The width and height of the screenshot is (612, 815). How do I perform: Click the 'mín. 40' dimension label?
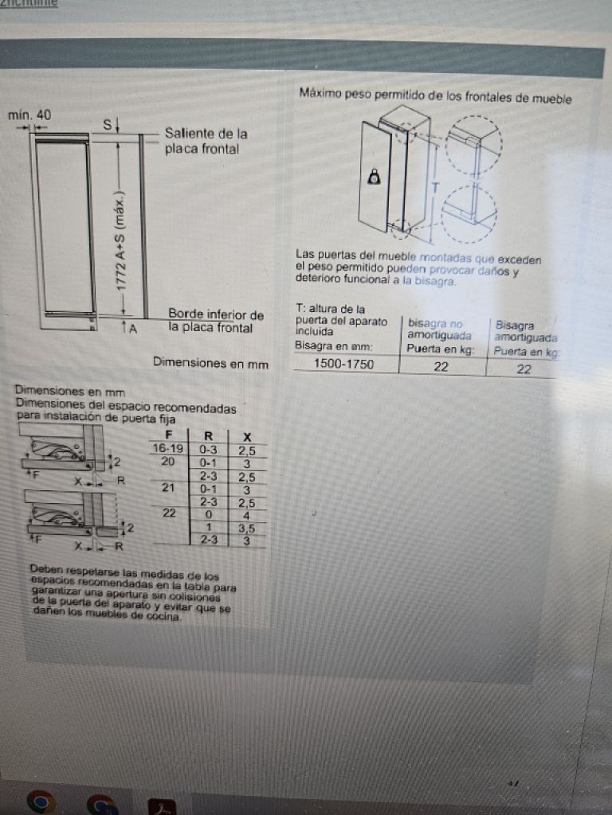click(29, 115)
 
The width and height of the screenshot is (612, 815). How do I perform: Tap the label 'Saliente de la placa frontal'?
click(205, 141)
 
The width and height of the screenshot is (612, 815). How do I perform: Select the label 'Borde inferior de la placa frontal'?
click(215, 321)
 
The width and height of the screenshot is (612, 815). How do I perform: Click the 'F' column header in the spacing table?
click(168, 435)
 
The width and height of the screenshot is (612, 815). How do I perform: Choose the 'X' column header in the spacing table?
click(247, 436)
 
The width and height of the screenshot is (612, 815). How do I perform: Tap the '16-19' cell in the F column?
click(167, 449)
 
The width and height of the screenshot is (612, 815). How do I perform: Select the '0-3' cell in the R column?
click(208, 449)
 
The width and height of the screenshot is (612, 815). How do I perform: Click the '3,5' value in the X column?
click(246, 528)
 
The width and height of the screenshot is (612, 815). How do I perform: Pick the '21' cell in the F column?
click(168, 487)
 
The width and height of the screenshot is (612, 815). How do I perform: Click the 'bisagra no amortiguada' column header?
click(435, 330)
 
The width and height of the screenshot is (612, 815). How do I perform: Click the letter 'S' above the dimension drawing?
click(107, 123)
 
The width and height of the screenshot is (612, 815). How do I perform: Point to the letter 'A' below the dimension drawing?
click(133, 328)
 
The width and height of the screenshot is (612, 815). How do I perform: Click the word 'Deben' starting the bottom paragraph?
click(45, 569)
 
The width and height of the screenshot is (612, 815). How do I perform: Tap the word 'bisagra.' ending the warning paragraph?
click(435, 282)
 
